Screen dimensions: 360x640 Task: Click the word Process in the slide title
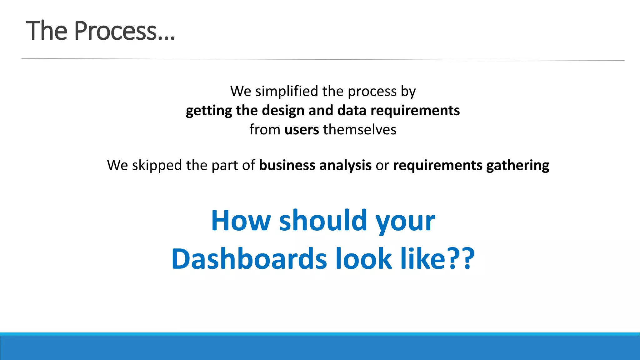115,31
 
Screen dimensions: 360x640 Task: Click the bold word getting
209,111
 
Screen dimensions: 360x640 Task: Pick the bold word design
282,111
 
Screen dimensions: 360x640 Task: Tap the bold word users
302,130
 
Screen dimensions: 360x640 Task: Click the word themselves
360,130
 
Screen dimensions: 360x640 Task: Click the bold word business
287,165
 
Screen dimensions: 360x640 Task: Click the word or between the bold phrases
382,165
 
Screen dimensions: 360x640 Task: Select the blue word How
241,221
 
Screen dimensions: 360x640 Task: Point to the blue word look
363,259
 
